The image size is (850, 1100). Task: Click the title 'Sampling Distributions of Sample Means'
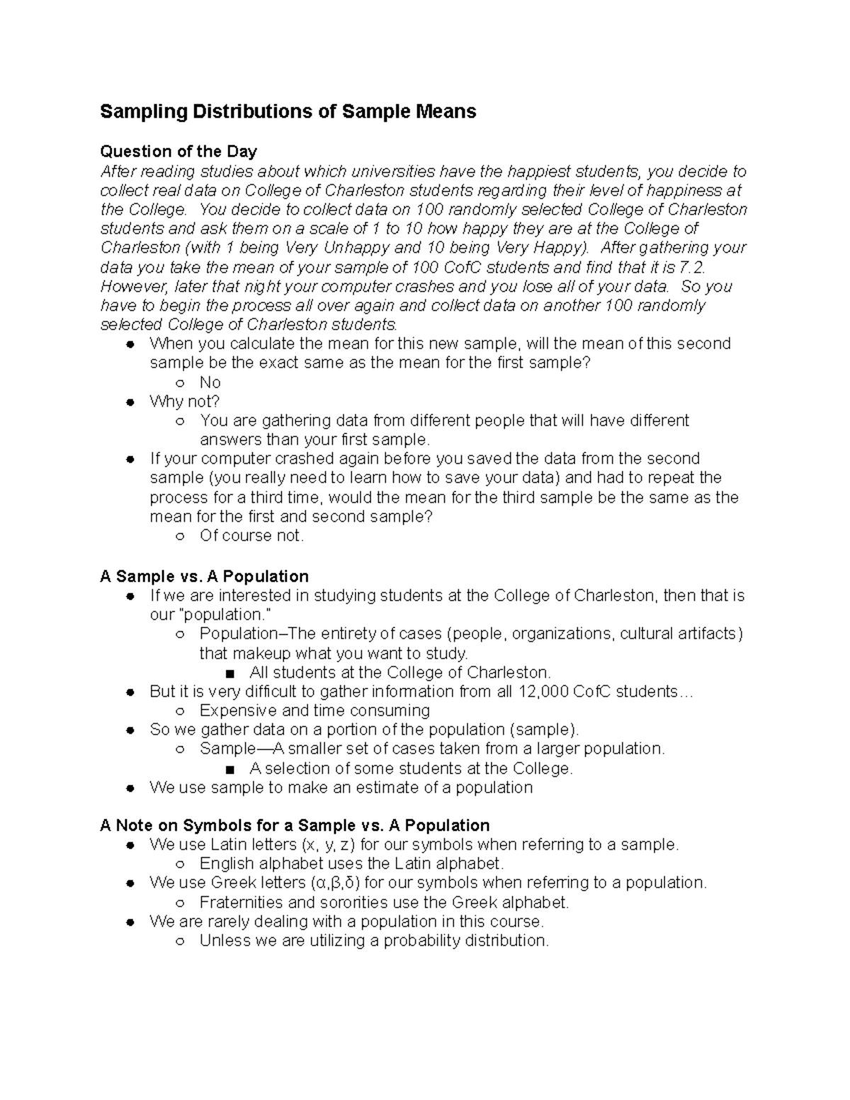coord(288,112)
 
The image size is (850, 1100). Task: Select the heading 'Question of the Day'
coord(178,152)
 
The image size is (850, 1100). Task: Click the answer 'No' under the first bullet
coord(210,382)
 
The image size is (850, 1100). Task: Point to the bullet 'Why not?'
coord(185,402)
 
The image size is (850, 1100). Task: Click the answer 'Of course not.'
coord(251,535)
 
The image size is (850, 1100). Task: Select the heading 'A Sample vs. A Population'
coord(204,576)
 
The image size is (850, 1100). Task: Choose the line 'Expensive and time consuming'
coord(314,710)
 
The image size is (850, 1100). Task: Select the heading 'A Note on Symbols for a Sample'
coord(295,826)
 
